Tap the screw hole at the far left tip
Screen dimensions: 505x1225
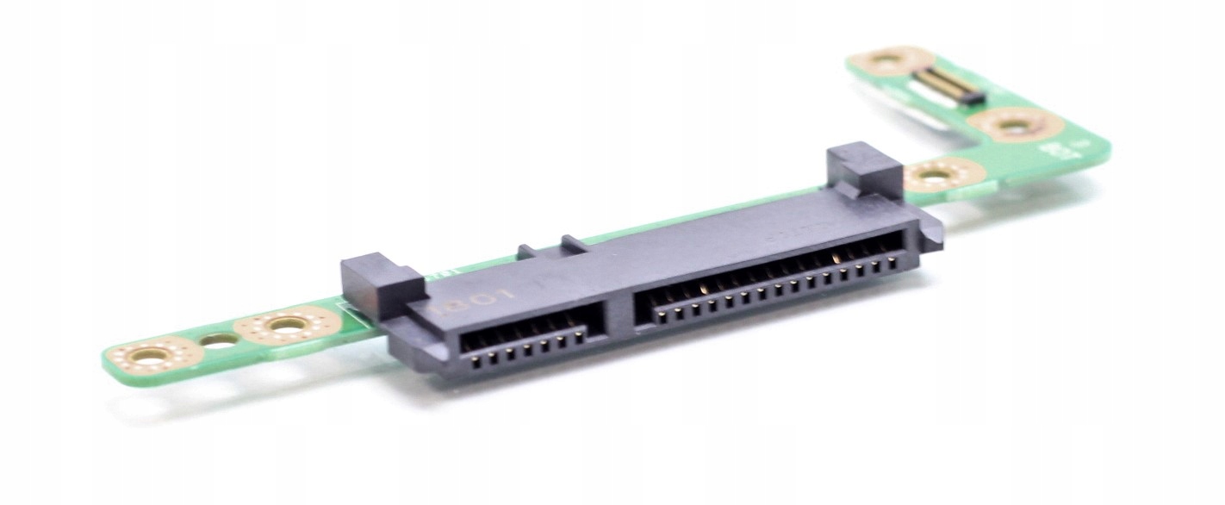153,352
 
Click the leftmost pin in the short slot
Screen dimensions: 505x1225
469,356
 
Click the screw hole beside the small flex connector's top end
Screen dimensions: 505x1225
886,61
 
